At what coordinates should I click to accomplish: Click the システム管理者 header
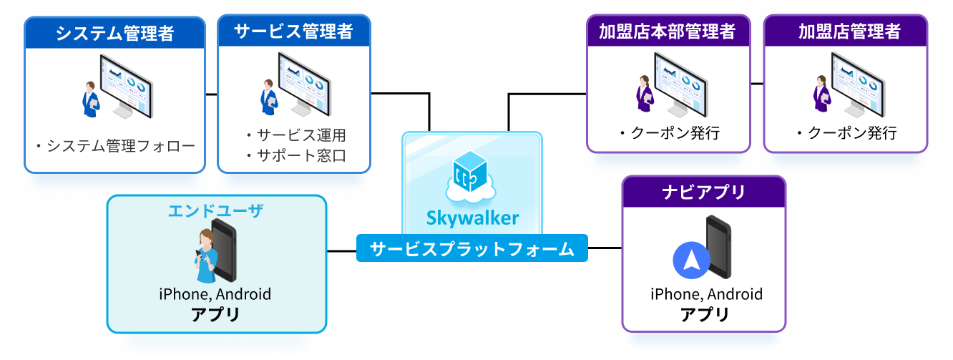pos(114,33)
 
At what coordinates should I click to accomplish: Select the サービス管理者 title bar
pos(293,31)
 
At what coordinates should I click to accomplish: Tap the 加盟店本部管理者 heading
pos(668,31)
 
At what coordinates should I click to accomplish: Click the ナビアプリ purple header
pos(703,192)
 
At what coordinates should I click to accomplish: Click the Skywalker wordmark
pos(472,216)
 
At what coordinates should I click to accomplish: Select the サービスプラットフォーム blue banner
pos(472,249)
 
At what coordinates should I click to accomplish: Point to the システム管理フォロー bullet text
pos(114,147)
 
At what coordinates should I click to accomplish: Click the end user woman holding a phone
pos(205,256)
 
